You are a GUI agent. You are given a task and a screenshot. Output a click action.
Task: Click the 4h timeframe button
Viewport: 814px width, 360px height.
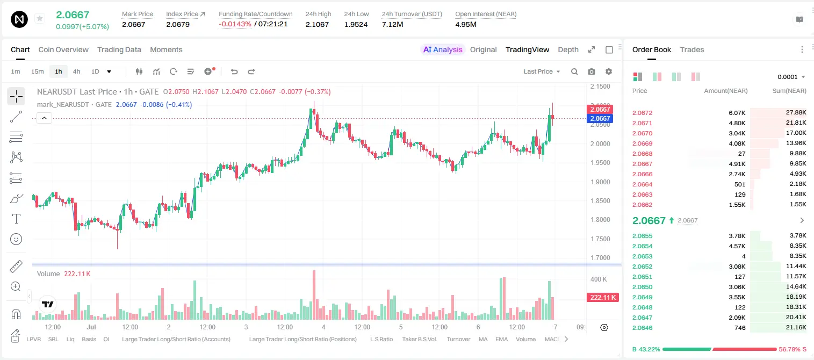tap(76, 71)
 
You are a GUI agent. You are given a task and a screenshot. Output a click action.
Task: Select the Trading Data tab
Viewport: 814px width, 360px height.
tap(119, 49)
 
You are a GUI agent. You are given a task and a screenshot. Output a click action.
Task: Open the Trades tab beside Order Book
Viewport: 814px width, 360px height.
tap(692, 49)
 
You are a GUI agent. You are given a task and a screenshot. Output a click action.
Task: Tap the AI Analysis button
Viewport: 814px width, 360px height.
tap(443, 49)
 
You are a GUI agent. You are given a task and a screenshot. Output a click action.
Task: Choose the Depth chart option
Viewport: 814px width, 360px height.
tap(568, 49)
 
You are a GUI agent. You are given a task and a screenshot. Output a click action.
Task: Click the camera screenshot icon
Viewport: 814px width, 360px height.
tap(592, 71)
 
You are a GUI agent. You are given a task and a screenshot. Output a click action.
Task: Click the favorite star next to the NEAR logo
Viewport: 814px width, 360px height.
tap(40, 18)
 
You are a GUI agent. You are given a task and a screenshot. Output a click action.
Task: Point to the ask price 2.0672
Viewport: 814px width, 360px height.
tap(642, 113)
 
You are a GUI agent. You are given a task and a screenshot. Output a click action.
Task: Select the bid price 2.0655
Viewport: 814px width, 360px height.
tap(642, 236)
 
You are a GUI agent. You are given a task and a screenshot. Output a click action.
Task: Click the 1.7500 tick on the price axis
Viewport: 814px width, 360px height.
tap(600, 239)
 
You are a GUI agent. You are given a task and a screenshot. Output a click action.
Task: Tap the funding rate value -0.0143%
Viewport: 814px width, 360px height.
tap(235, 24)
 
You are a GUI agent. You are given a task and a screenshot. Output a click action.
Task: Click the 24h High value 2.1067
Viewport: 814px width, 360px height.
tap(317, 24)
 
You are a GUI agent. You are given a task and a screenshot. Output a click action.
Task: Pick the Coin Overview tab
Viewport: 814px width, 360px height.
tap(63, 49)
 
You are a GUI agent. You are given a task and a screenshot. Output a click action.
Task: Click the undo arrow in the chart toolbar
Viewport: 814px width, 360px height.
tap(234, 71)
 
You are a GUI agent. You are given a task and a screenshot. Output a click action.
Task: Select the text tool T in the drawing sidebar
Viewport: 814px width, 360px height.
tap(16, 219)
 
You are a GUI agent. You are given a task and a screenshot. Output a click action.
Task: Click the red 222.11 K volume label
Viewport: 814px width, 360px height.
tap(602, 298)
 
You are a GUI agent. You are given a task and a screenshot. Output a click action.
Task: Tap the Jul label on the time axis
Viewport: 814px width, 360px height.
tap(91, 327)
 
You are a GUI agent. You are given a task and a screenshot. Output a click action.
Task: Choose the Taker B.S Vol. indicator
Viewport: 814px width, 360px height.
tap(420, 339)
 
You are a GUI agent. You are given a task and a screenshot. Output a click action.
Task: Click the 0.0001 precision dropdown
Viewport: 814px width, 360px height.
tap(791, 77)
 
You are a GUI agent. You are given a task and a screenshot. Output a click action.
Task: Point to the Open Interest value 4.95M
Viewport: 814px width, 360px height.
tap(466, 24)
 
